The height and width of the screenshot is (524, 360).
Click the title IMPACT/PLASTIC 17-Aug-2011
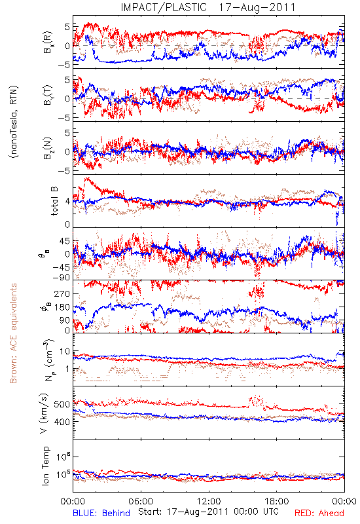(x=208, y=7)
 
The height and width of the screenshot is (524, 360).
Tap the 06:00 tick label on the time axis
(x=141, y=501)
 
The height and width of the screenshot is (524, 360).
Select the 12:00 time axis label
(x=209, y=501)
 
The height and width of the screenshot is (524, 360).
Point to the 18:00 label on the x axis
(x=277, y=501)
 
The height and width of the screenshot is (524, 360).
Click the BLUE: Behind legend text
(x=101, y=513)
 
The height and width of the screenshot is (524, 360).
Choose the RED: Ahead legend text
(x=319, y=513)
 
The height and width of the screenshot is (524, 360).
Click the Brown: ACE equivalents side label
(x=13, y=333)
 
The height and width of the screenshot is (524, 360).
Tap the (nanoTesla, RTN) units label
(x=14, y=121)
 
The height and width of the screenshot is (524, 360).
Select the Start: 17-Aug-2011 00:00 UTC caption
(x=208, y=512)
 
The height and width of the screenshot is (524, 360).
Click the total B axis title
(x=54, y=201)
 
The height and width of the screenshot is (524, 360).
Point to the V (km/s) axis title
(x=44, y=413)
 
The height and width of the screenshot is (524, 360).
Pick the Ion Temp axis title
(x=45, y=466)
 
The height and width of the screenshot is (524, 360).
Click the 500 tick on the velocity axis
(x=62, y=404)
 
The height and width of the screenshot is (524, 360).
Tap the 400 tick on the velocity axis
(x=62, y=422)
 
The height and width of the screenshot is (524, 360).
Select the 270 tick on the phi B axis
(x=62, y=293)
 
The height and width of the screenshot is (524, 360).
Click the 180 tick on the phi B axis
(x=62, y=307)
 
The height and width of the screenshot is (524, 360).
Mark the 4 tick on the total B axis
(x=67, y=202)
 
